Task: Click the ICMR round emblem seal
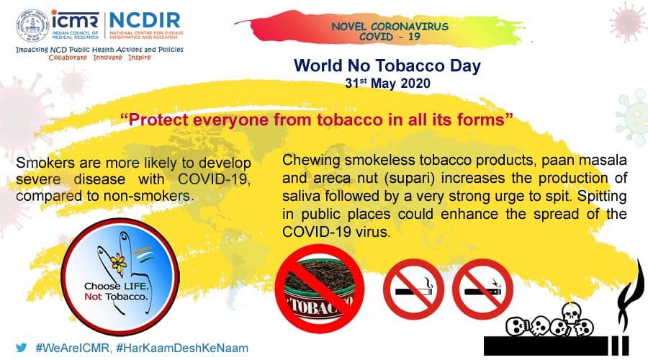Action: pos(32,26)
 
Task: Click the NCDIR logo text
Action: pos(145,21)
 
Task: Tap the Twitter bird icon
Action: pos(21,348)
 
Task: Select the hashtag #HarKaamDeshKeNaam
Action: pos(182,348)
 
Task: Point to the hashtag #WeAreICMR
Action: pos(73,348)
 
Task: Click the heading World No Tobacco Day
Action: pos(387,66)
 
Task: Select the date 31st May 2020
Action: pos(387,83)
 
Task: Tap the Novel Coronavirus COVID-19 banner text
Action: pos(390,32)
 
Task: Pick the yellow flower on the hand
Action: pos(119,263)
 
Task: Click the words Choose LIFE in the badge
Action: pos(115,286)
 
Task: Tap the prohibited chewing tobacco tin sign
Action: pos(320,289)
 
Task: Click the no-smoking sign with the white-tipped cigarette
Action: pos(413,289)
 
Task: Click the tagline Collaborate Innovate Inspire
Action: pos(99,58)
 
